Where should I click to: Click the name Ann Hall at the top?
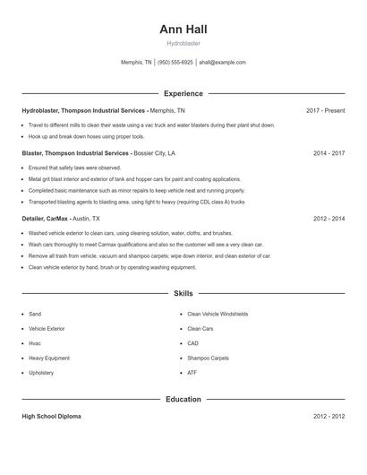tap(183, 29)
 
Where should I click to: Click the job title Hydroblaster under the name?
tap(183, 43)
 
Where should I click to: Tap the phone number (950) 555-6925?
tap(176, 63)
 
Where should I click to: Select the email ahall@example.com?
tap(222, 63)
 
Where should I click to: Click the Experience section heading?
tap(183, 93)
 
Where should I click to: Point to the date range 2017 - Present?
tap(325, 110)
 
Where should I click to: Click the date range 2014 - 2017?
tap(329, 153)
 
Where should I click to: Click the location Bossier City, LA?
tap(154, 153)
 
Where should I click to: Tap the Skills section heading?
tap(183, 293)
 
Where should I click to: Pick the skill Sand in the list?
tap(35, 315)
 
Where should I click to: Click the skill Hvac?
tap(35, 343)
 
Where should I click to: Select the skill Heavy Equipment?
tap(47, 358)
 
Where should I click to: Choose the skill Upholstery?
tap(41, 372)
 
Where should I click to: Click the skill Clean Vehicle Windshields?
tap(218, 315)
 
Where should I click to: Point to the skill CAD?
tap(192, 343)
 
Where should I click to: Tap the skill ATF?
tap(192, 372)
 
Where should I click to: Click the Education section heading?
tap(183, 399)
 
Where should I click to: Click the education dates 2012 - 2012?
tap(329, 417)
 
